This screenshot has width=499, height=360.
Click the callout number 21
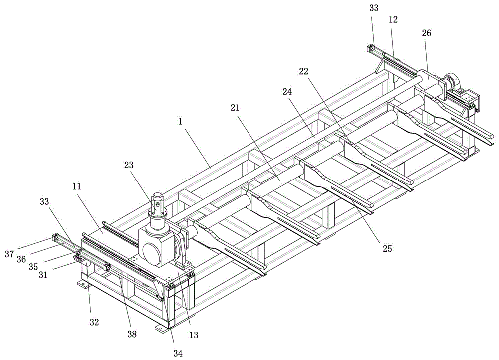point(235,108)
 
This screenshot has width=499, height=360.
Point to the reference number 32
point(94,322)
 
